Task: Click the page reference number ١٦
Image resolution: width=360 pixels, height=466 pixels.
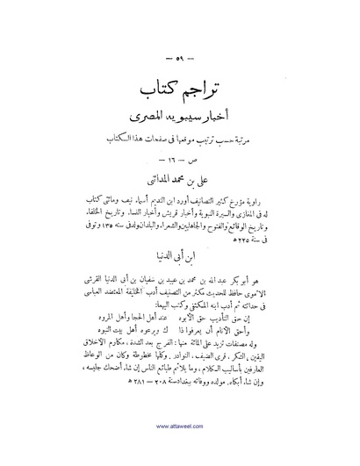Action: tap(180, 162)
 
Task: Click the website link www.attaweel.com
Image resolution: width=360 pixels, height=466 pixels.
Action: tap(180, 453)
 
